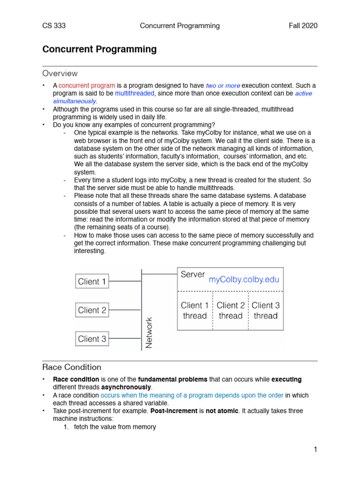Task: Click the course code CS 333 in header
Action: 54,26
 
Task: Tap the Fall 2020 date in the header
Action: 303,26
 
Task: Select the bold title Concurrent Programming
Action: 99,49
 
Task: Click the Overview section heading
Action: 60,74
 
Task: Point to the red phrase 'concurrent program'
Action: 87,86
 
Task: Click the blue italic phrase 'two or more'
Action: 223,86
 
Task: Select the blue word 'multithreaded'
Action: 135,93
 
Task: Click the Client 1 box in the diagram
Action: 92,282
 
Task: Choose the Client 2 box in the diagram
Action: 92,310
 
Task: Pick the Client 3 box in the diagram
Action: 92,339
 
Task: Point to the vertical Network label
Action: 149,333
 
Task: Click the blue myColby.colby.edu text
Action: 244,280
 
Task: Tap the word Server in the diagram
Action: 193,275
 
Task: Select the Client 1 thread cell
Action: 195,311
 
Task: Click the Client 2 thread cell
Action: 231,311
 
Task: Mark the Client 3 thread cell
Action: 266,311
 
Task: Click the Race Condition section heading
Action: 72,367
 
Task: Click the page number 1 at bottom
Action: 315,450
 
